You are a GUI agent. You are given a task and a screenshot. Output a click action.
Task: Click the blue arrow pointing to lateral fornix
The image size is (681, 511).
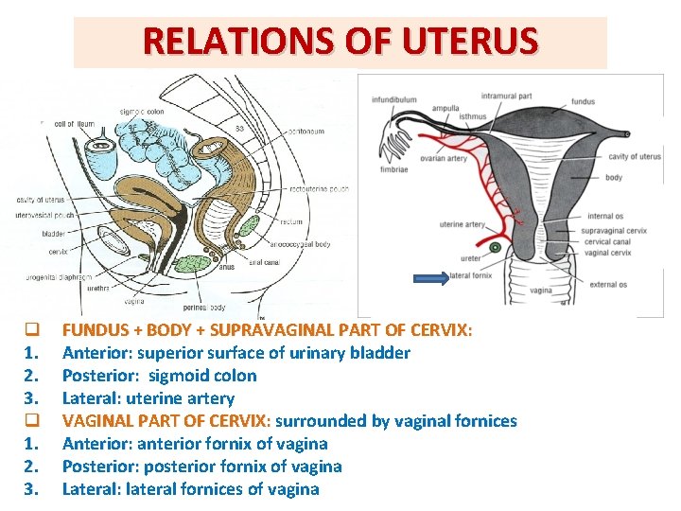coord(431,277)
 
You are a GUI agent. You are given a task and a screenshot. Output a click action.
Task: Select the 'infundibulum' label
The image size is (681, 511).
coord(394,98)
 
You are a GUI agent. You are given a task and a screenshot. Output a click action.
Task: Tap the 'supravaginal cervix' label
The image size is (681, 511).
coord(612,230)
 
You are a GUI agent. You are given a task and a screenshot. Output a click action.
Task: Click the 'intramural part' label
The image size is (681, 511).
coord(507,96)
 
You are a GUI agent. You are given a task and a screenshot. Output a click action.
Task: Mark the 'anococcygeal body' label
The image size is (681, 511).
coord(302,244)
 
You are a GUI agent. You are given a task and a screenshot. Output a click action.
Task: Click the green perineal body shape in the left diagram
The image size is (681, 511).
coord(194,264)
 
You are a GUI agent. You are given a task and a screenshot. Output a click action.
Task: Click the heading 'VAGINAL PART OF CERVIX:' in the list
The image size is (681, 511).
coord(166,421)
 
